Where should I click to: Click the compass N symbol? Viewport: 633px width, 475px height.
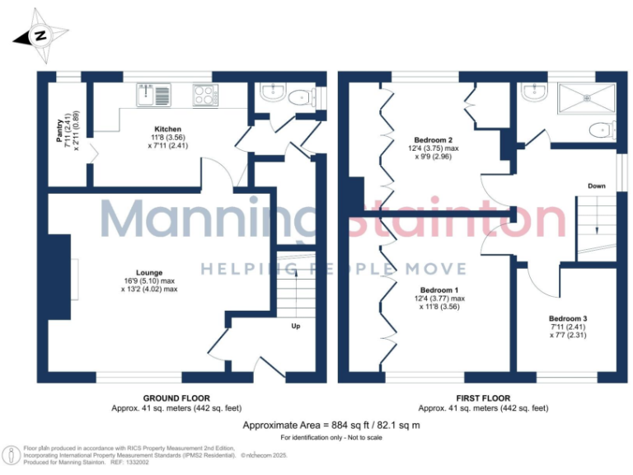[x=37, y=36]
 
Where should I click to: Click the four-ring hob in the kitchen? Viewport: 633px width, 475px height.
[x=204, y=95]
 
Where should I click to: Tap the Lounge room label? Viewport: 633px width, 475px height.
[x=149, y=273]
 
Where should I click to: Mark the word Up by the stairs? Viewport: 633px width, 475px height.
[x=295, y=327]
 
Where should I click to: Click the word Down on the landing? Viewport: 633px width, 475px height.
[x=596, y=186]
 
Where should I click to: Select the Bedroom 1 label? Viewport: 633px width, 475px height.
[x=439, y=290]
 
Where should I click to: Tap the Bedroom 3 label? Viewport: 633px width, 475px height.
[x=568, y=318]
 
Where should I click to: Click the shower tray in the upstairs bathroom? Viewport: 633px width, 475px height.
[x=587, y=100]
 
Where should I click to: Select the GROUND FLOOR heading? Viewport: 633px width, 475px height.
[x=177, y=397]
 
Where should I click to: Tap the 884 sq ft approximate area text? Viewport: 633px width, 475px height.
[x=331, y=425]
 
